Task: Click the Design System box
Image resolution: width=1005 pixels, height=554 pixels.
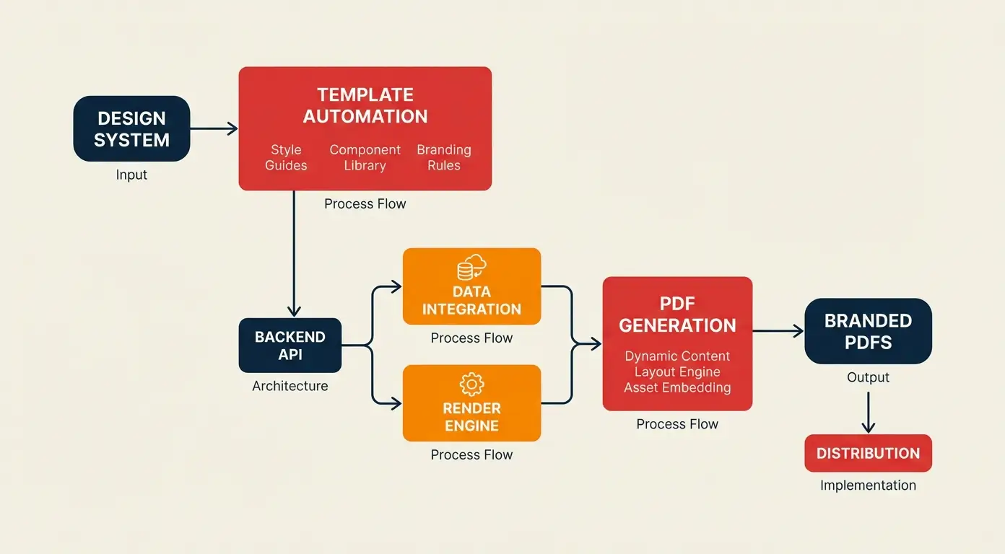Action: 131,128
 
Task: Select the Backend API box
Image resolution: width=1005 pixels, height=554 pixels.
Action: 290,346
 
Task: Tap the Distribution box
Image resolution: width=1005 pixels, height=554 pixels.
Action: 868,453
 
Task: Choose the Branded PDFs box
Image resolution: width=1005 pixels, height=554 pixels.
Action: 868,331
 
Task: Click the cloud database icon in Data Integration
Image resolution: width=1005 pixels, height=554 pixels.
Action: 471,268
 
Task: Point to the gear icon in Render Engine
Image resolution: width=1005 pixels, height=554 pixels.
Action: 471,384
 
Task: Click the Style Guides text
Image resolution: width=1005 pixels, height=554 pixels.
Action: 286,157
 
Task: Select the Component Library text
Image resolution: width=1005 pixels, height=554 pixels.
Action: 365,157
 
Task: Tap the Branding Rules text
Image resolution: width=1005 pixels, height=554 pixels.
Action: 443,157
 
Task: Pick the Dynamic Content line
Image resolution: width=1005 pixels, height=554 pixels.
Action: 677,356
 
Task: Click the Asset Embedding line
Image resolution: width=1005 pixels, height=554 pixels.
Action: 677,388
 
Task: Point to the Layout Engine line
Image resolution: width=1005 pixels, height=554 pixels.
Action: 677,372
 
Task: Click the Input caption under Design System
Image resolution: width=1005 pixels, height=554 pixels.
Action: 131,175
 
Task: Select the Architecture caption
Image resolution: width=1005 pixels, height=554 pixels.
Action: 290,386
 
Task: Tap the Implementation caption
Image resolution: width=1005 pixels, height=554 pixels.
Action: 868,485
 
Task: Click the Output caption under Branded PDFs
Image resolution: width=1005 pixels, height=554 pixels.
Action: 868,377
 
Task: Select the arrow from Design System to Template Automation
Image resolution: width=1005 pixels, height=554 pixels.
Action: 214,128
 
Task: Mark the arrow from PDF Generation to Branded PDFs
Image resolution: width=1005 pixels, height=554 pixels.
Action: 778,331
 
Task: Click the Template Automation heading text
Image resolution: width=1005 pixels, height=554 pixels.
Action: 365,105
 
